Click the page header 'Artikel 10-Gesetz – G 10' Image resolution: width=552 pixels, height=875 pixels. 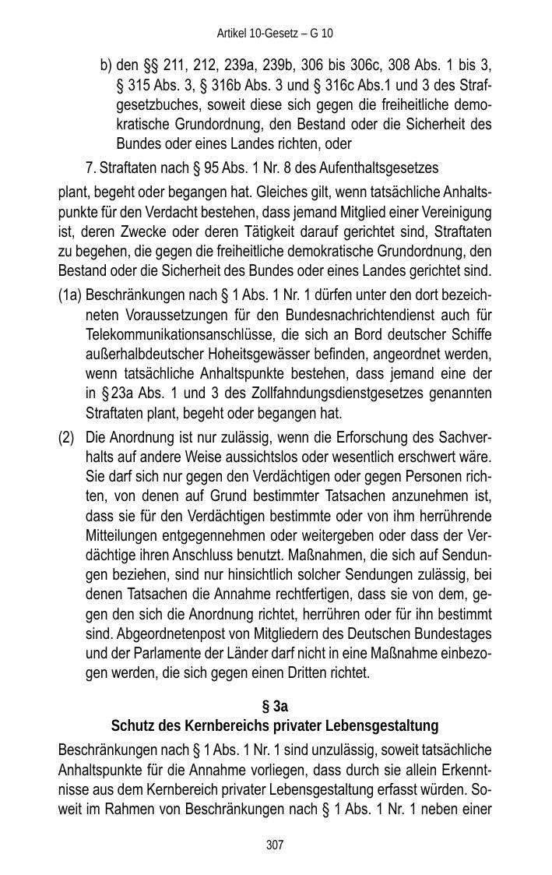click(275, 34)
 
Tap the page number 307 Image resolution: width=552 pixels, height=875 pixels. click(275, 845)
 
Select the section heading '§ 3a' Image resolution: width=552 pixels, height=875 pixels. click(275, 707)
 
